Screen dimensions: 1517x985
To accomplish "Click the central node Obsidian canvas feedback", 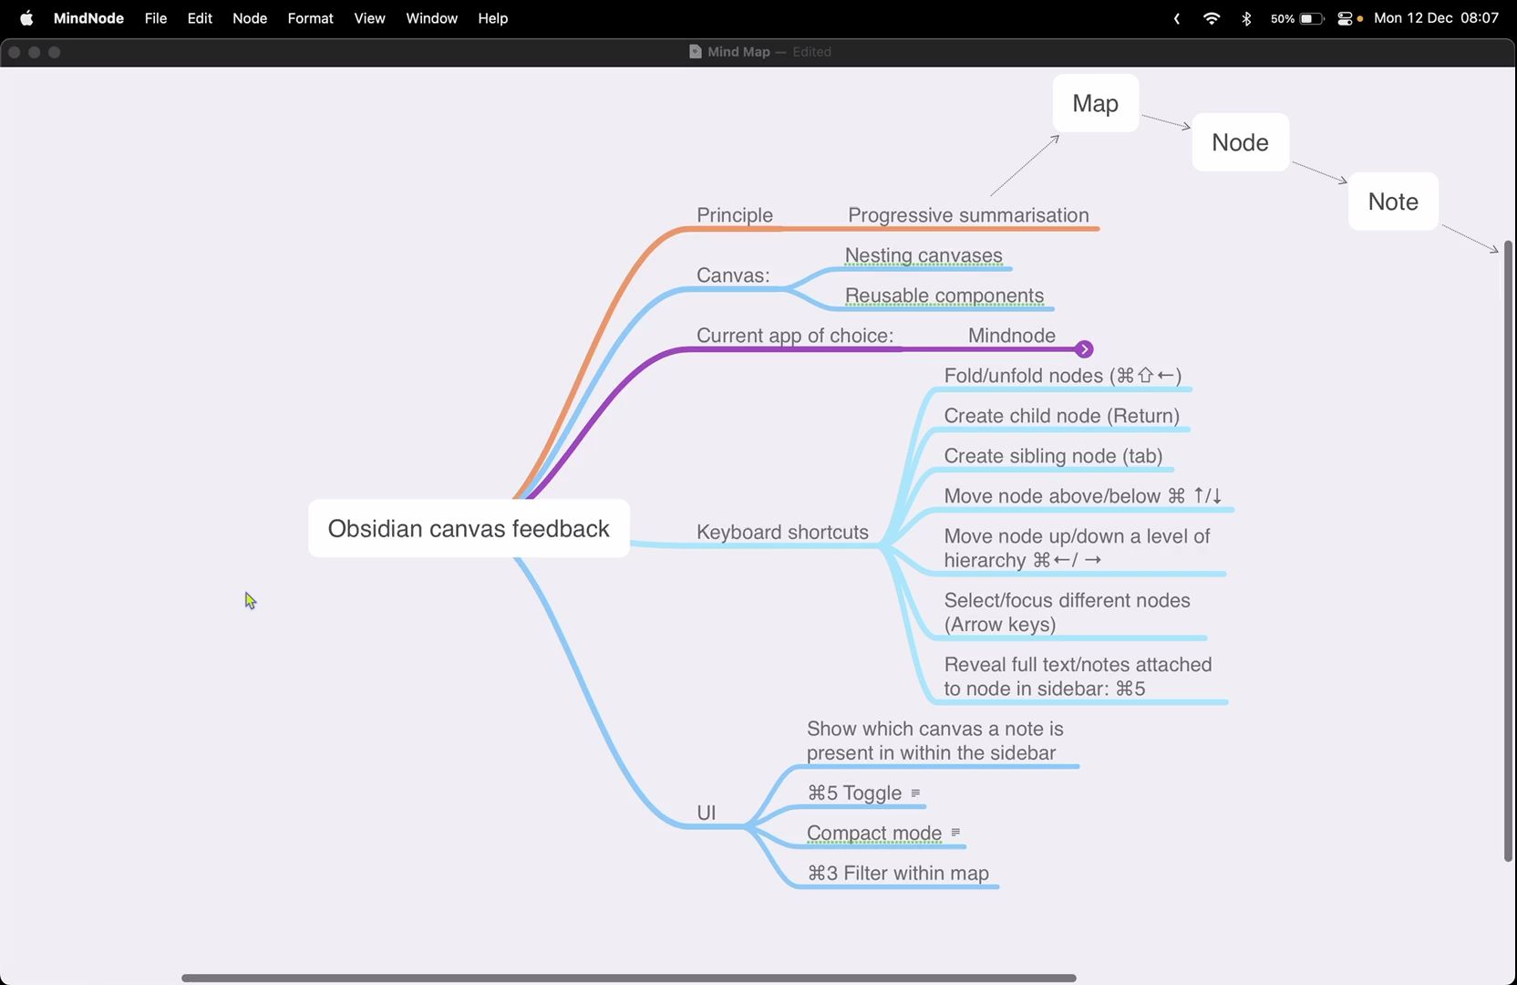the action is click(x=469, y=528).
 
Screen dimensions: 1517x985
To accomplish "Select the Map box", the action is click(x=1095, y=103).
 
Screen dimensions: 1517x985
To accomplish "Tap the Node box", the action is click(x=1240, y=142).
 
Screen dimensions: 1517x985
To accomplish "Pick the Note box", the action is click(x=1393, y=202).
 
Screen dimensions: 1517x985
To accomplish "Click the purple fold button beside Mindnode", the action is click(x=1084, y=349).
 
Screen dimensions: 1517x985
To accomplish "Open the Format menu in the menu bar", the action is click(x=310, y=18).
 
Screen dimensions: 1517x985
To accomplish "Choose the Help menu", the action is click(x=492, y=18).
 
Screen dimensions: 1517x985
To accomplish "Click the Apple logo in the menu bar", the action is click(x=26, y=18).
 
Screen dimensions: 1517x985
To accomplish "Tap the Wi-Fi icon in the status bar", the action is click(x=1211, y=18).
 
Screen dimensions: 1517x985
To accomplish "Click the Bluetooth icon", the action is click(x=1246, y=18).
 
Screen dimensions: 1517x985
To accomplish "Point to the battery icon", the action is click(x=1311, y=18).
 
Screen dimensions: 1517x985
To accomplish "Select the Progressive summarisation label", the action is click(x=968, y=214).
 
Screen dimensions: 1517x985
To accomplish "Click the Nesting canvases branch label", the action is click(x=924, y=255).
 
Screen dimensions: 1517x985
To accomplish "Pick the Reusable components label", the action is click(x=944, y=295).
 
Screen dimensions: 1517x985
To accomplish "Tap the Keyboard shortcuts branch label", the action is click(x=782, y=532).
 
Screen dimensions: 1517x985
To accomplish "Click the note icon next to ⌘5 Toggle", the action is click(x=915, y=793).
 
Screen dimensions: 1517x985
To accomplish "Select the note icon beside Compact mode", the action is click(x=955, y=832).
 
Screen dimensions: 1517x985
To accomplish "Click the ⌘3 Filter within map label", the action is click(x=898, y=873).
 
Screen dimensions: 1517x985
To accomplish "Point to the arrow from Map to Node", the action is click(x=1165, y=122).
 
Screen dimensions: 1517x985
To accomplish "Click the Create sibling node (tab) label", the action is click(x=1053, y=456).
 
